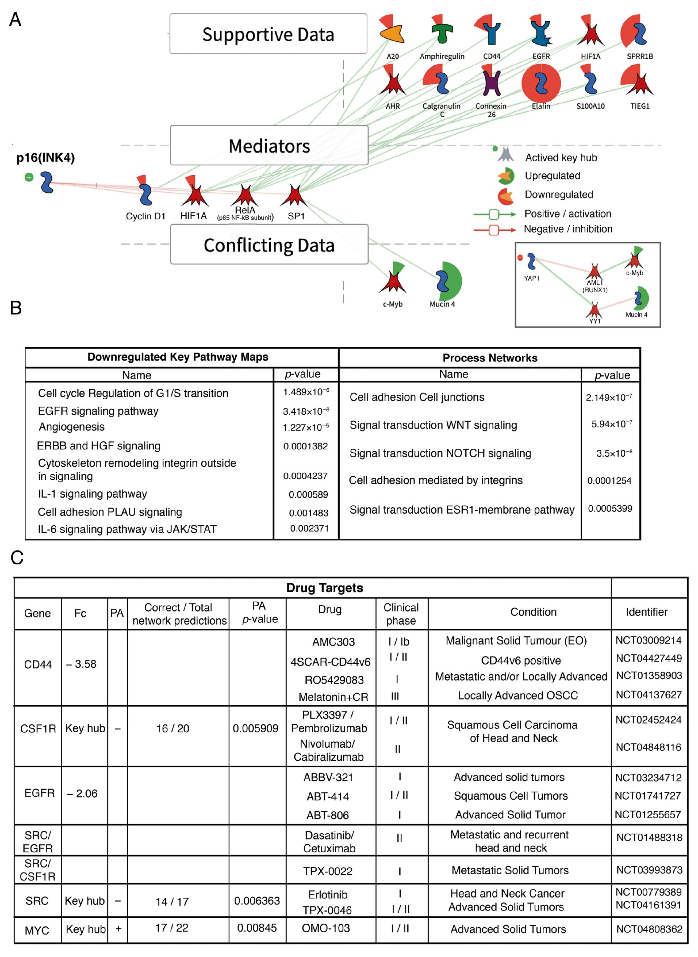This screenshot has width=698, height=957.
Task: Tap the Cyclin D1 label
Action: tap(145, 216)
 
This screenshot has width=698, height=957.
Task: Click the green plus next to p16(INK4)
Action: tap(29, 177)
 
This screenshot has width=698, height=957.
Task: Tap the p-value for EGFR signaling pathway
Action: tap(306, 411)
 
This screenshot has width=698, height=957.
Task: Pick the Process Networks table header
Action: tap(490, 358)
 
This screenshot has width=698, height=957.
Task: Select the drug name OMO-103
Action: tap(326, 928)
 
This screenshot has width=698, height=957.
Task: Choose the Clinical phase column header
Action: tap(401, 614)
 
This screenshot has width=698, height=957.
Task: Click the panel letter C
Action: tap(17, 558)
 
